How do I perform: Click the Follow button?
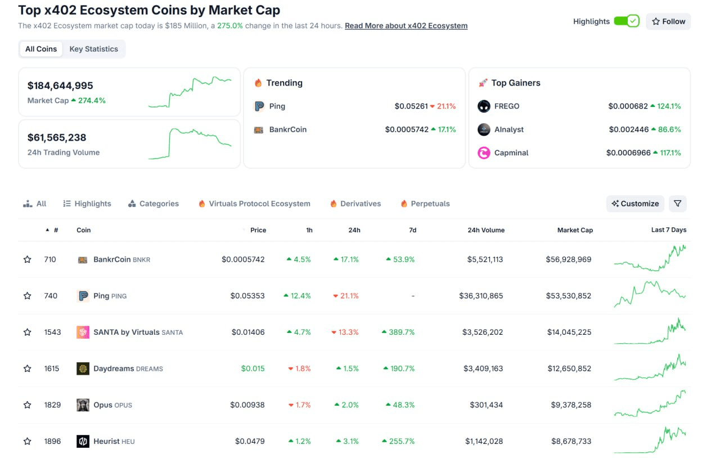click(x=668, y=21)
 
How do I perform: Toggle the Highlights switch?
click(x=626, y=21)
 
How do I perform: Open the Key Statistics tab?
click(x=93, y=49)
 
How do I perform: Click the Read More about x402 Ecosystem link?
click(x=406, y=26)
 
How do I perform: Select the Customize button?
click(x=635, y=204)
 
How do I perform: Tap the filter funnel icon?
click(x=677, y=204)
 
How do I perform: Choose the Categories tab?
click(x=154, y=204)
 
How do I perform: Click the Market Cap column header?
click(x=575, y=230)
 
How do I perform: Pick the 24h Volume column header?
click(x=485, y=230)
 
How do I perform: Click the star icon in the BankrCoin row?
click(x=27, y=259)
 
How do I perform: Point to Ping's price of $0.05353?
click(x=247, y=296)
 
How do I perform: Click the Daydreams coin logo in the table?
click(x=83, y=369)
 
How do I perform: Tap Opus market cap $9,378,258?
click(x=569, y=405)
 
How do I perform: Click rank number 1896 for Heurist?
click(x=52, y=442)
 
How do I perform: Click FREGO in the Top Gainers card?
click(x=506, y=106)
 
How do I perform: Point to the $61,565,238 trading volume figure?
click(x=57, y=137)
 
